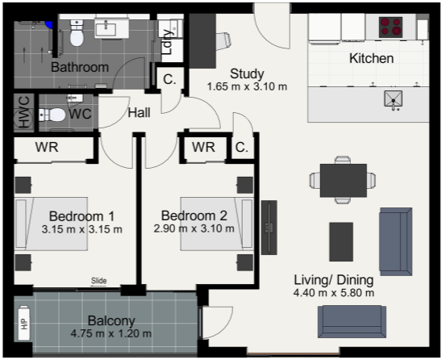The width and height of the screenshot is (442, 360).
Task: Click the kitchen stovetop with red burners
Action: (x=390, y=27)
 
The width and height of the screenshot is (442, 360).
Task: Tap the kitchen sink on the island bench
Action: (x=394, y=98)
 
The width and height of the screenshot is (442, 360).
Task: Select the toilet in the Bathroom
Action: (x=77, y=33)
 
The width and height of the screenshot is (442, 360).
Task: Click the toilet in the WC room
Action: (x=52, y=115)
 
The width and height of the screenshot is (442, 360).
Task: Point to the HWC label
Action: (x=24, y=112)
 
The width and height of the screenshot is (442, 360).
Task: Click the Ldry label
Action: (x=168, y=42)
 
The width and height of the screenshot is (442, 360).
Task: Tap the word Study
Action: (x=247, y=74)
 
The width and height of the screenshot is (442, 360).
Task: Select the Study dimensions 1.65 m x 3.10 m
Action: (x=248, y=86)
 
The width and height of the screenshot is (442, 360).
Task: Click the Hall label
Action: (x=139, y=113)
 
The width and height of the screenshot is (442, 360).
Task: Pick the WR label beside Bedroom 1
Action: (x=47, y=147)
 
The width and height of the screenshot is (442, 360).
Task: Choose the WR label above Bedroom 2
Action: (x=203, y=147)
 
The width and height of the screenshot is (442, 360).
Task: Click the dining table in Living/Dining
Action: (x=344, y=180)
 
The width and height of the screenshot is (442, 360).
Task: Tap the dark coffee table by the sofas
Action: (x=341, y=242)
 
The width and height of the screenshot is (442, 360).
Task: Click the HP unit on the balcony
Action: (x=24, y=323)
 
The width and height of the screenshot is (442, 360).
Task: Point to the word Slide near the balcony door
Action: (x=99, y=280)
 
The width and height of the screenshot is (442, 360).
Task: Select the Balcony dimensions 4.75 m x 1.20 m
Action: (x=111, y=333)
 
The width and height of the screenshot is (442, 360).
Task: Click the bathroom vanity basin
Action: (x=106, y=29)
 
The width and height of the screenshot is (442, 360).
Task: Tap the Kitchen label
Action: (x=372, y=58)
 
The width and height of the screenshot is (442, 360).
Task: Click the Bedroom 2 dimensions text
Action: (x=194, y=228)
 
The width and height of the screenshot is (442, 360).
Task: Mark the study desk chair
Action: (x=224, y=41)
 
